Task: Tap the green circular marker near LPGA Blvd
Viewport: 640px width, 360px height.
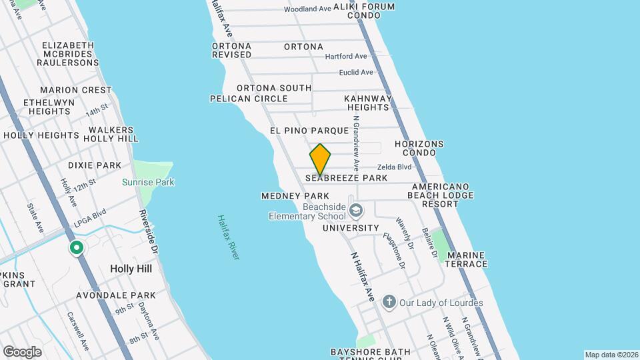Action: tap(77, 249)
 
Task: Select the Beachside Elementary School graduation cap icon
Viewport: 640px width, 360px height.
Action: tap(357, 211)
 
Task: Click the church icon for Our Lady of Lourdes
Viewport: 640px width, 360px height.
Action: tap(389, 303)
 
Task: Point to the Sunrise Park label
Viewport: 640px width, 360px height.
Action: tap(148, 182)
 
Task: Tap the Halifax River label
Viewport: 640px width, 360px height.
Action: tap(228, 237)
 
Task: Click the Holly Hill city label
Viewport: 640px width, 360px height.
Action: tap(131, 269)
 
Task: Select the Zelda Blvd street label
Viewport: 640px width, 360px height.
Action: tap(395, 167)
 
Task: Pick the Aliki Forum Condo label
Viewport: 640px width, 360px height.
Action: tap(364, 11)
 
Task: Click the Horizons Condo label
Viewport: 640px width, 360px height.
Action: tap(419, 148)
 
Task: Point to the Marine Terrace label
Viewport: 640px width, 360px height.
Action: tap(467, 259)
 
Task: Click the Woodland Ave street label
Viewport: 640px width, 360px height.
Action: tap(307, 9)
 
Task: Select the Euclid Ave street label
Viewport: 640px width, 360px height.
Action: tap(356, 72)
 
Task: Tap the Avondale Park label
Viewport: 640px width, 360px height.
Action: tap(116, 295)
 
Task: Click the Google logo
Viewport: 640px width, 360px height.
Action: tap(22, 352)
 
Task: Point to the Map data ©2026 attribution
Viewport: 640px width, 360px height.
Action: tap(611, 355)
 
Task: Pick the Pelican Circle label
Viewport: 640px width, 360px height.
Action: tap(249, 99)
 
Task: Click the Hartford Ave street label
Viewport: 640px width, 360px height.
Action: tap(346, 57)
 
